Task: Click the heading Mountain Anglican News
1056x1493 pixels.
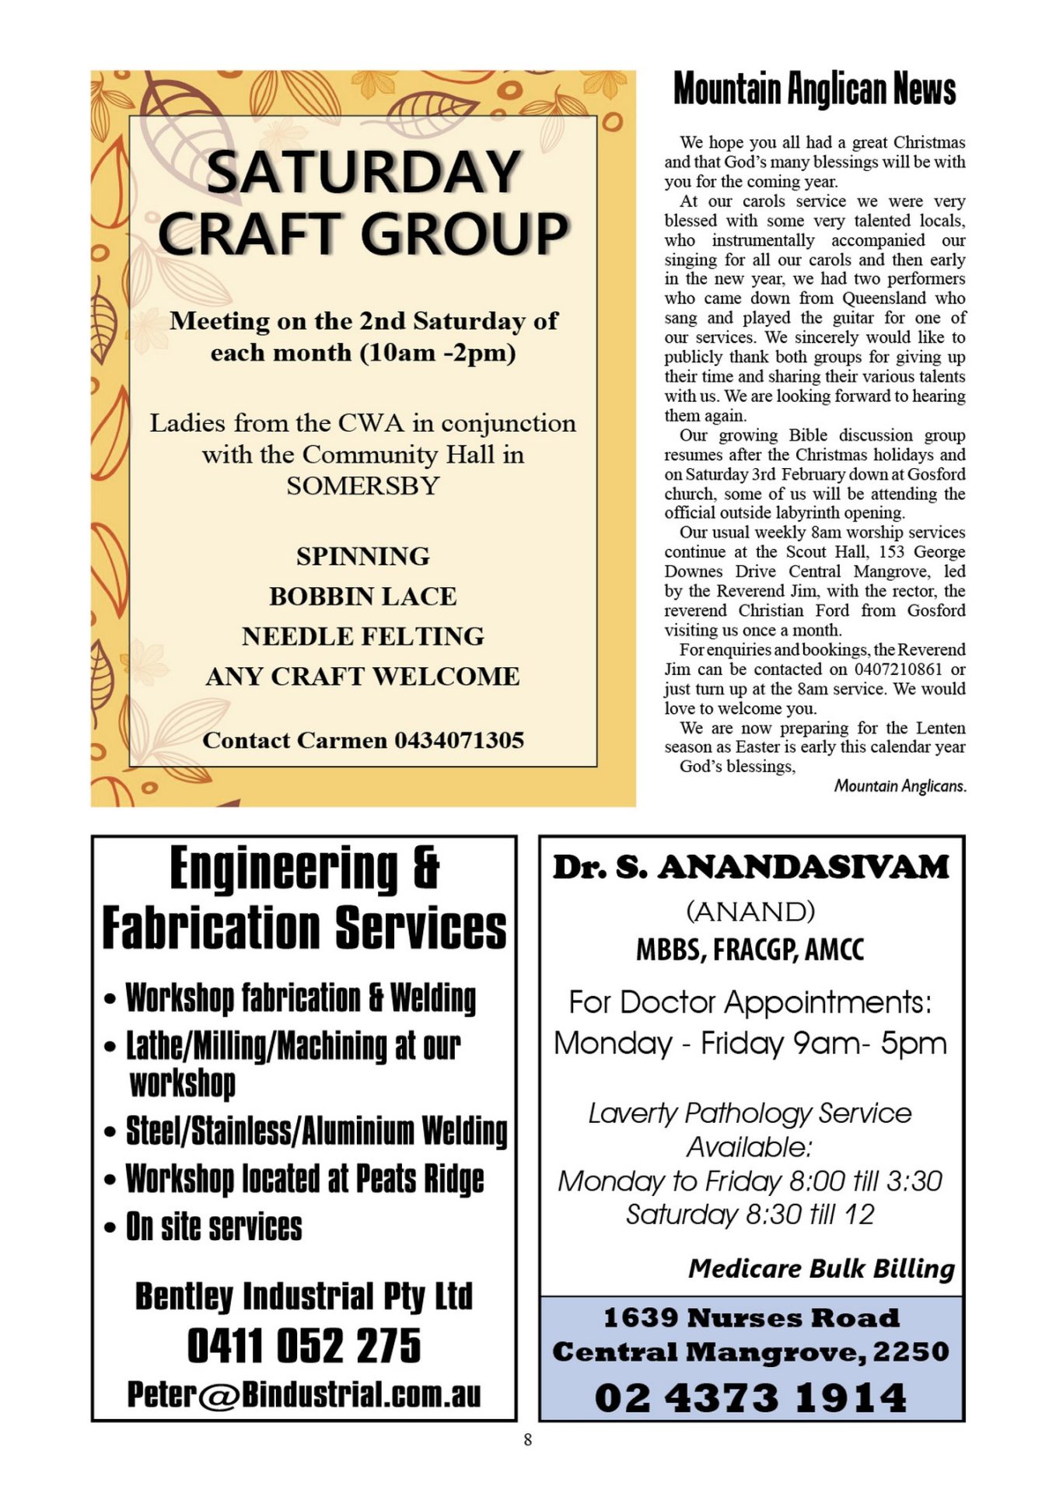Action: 814,89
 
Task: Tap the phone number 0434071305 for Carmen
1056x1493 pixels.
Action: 459,740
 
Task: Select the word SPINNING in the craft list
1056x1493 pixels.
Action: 362,556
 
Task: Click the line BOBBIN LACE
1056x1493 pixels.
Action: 362,596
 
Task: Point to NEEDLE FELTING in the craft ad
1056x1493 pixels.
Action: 362,636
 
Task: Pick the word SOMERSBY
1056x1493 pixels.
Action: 362,486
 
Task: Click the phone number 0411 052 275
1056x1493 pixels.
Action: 304,1346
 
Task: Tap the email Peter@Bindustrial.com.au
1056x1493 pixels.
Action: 304,1394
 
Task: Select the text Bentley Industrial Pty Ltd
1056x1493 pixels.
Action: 304,1296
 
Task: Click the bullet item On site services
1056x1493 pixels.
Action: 214,1227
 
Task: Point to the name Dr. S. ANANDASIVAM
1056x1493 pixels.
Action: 751,868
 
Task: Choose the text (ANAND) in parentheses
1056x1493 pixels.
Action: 750,911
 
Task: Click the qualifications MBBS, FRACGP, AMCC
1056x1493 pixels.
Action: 750,949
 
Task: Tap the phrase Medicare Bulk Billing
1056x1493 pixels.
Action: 821,1268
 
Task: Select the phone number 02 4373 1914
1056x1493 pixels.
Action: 750,1397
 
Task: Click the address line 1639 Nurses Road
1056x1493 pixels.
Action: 751,1317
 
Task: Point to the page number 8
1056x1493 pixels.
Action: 528,1439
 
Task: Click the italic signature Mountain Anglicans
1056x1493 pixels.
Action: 900,786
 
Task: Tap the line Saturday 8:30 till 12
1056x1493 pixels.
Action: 750,1215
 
